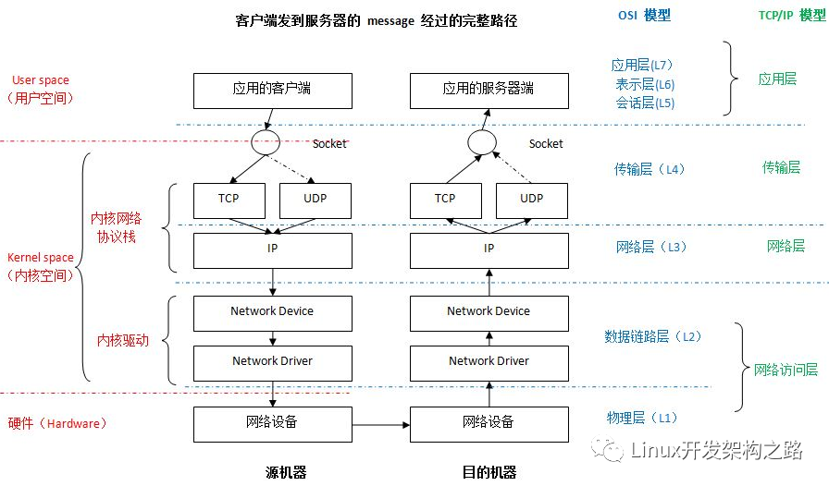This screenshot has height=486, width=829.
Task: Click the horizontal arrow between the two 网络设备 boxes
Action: click(381, 425)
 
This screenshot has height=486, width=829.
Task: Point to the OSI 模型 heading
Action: click(645, 16)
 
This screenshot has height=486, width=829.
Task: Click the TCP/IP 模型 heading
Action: click(792, 16)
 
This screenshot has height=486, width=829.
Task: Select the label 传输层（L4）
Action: click(650, 169)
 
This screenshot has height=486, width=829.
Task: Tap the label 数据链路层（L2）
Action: click(653, 336)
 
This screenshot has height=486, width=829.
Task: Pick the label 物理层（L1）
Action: click(642, 418)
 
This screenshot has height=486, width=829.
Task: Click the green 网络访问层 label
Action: click(786, 370)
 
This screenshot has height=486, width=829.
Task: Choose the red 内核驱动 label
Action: click(123, 340)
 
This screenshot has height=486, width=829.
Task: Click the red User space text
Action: click(41, 80)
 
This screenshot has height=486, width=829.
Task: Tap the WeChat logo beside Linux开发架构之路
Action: click(607, 450)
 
